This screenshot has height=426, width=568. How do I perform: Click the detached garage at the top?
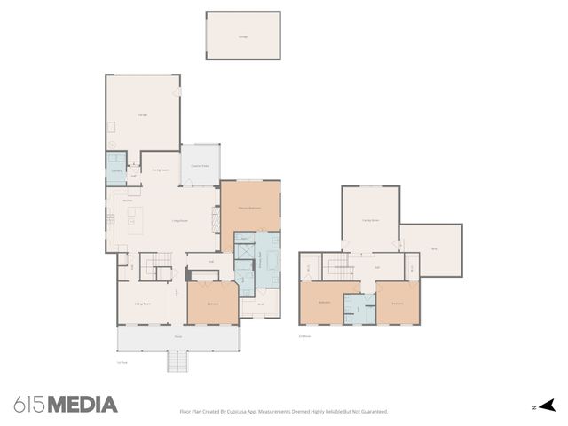243,36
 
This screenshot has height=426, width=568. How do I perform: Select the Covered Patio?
201,165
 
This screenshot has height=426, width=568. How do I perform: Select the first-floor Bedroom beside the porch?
213,303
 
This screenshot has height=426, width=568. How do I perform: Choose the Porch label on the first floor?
177,337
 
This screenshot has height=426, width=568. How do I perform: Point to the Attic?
434,249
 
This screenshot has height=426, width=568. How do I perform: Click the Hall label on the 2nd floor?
377,266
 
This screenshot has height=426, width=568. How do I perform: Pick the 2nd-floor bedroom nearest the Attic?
397,303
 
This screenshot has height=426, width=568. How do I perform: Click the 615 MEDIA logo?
66,405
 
